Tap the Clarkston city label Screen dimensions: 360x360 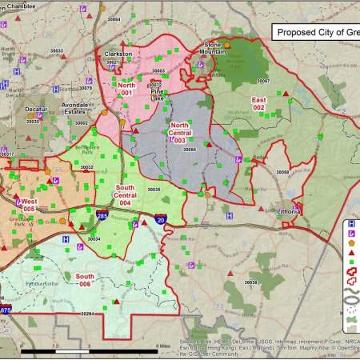(x=118, y=54)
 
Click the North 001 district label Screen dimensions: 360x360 (x=126, y=90)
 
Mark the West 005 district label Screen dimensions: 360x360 (x=29, y=205)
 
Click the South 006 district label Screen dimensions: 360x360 (x=84, y=279)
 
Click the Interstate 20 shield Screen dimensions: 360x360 (x=160, y=218)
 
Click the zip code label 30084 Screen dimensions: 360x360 (x=114, y=19)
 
